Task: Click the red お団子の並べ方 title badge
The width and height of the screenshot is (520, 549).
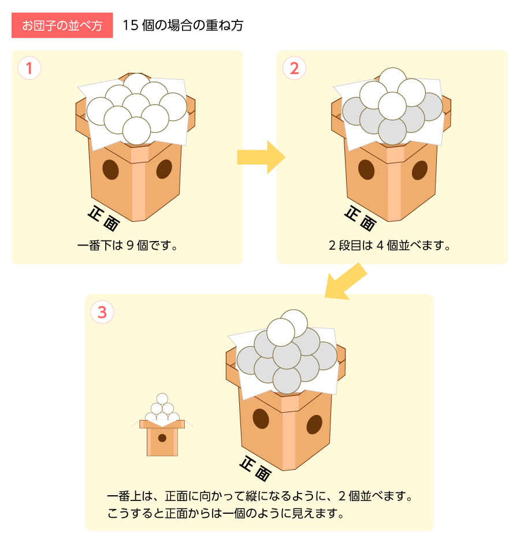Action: pyautogui.click(x=62, y=25)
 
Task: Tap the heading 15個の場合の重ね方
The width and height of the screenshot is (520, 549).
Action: pyautogui.click(x=183, y=25)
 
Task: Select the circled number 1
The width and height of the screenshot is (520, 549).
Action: pyautogui.click(x=29, y=68)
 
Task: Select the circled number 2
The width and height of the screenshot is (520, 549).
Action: pyautogui.click(x=294, y=68)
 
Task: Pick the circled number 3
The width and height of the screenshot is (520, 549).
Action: pyautogui.click(x=102, y=312)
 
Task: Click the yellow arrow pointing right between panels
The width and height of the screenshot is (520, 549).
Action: pyautogui.click(x=261, y=157)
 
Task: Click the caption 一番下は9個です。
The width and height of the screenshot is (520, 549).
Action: pyautogui.click(x=128, y=245)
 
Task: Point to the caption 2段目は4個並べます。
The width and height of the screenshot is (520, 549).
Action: pyautogui.click(x=389, y=245)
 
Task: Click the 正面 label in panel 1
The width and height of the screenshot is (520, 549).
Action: pyautogui.click(x=103, y=218)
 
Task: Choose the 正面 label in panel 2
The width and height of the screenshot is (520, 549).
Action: pyautogui.click(x=361, y=218)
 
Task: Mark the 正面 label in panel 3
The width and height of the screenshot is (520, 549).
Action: pyautogui.click(x=255, y=469)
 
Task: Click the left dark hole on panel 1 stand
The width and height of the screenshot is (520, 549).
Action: pyautogui.click(x=111, y=170)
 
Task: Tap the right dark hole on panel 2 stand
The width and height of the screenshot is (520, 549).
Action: pyautogui.click(x=419, y=170)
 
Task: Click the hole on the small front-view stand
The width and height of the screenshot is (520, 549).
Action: pyautogui.click(x=162, y=437)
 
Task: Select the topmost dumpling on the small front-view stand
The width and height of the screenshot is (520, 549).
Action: pyautogui.click(x=162, y=399)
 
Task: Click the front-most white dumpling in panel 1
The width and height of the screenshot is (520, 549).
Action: pyautogui.click(x=136, y=131)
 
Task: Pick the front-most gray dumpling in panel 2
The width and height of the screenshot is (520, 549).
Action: pyautogui.click(x=392, y=132)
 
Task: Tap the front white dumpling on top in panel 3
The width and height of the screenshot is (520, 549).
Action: pyautogui.click(x=280, y=332)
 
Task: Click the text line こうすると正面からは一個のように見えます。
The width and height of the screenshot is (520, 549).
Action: pyautogui.click(x=225, y=513)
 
